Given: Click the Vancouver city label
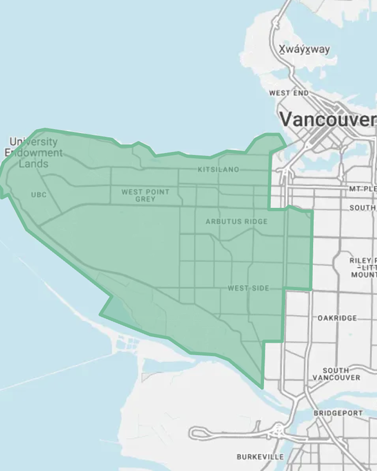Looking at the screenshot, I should (327, 120).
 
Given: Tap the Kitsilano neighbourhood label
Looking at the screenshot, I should (218, 170).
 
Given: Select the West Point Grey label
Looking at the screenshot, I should (145, 195).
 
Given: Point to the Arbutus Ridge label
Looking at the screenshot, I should (236, 222).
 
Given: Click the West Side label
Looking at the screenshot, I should (248, 288).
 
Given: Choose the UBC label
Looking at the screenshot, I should (39, 195).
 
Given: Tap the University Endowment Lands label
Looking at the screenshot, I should (34, 153).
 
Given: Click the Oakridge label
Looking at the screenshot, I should (337, 318).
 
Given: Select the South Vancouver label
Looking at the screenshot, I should (336, 374).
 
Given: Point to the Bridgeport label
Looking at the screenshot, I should (338, 413).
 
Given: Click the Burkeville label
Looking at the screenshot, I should (260, 457).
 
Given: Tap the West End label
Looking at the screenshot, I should (289, 93).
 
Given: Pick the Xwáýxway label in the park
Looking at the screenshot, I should (304, 49).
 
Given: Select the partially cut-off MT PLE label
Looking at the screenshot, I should (362, 189).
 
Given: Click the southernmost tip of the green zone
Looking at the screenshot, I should (262, 387).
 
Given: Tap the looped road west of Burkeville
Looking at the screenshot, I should (200, 433).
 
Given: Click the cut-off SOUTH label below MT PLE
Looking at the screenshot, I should (362, 208).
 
